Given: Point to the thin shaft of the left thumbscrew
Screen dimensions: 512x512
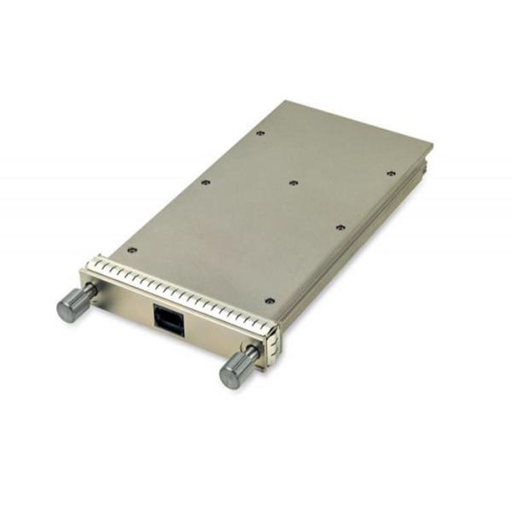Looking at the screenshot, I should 88,294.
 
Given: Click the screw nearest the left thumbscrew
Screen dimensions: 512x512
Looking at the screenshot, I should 131,250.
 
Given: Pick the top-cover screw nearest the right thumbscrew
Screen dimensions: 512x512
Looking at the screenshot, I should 270,301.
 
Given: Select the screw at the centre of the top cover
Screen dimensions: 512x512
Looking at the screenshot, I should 293,183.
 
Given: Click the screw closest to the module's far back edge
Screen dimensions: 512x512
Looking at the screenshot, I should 260,133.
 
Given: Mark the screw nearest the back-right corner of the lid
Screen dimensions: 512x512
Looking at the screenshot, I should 391,173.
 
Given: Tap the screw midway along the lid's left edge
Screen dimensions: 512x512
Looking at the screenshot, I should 205,181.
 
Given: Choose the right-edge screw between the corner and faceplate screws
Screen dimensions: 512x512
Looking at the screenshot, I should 340,228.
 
